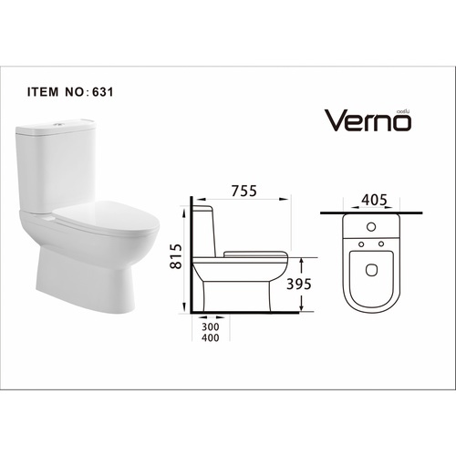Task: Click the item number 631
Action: (101, 91)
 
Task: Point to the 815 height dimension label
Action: (178, 257)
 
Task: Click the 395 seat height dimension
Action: (299, 284)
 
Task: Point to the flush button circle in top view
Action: (372, 225)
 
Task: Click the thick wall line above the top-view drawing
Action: (374, 213)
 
